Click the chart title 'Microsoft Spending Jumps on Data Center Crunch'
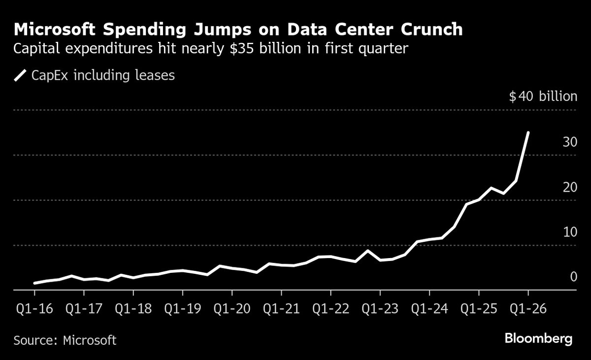pos(238,30)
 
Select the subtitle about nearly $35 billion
pos(211,49)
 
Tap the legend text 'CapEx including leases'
pos(103,76)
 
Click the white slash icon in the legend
pos(20,76)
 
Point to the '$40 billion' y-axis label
pos(543,96)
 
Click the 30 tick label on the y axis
pos(570,142)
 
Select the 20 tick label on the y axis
pos(570,187)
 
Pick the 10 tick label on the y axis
pos(570,232)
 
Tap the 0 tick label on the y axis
pos(573,277)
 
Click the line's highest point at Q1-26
pos(528,132)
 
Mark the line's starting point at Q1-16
pos(34,283)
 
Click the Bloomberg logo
pos(538,339)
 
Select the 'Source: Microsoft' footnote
pos(65,340)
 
